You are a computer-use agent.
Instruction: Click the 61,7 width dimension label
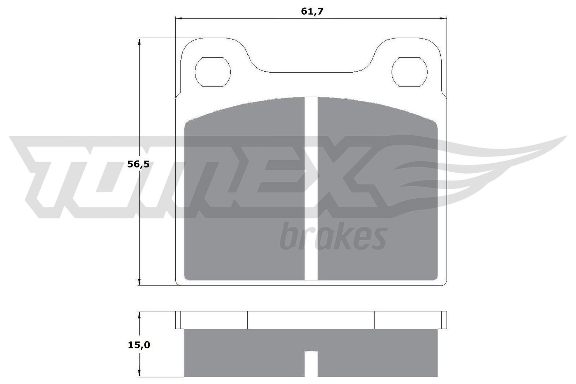click(x=312, y=11)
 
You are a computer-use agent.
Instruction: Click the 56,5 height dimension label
click(x=138, y=164)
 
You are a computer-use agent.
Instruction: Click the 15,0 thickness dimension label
click(x=139, y=345)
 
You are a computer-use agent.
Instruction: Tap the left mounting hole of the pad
click(x=212, y=71)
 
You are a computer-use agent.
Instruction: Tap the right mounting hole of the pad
click(x=409, y=71)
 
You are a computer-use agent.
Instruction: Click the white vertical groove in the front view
click(x=311, y=187)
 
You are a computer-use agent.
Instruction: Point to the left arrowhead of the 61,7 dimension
click(x=179, y=18)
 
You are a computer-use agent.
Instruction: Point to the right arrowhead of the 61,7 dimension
click(x=443, y=18)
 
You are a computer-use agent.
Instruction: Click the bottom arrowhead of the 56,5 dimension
click(x=139, y=282)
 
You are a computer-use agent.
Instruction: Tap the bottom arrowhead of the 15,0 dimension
click(x=139, y=373)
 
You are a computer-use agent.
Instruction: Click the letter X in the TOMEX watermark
click(x=360, y=173)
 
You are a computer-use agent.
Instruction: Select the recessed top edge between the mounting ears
click(x=311, y=72)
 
